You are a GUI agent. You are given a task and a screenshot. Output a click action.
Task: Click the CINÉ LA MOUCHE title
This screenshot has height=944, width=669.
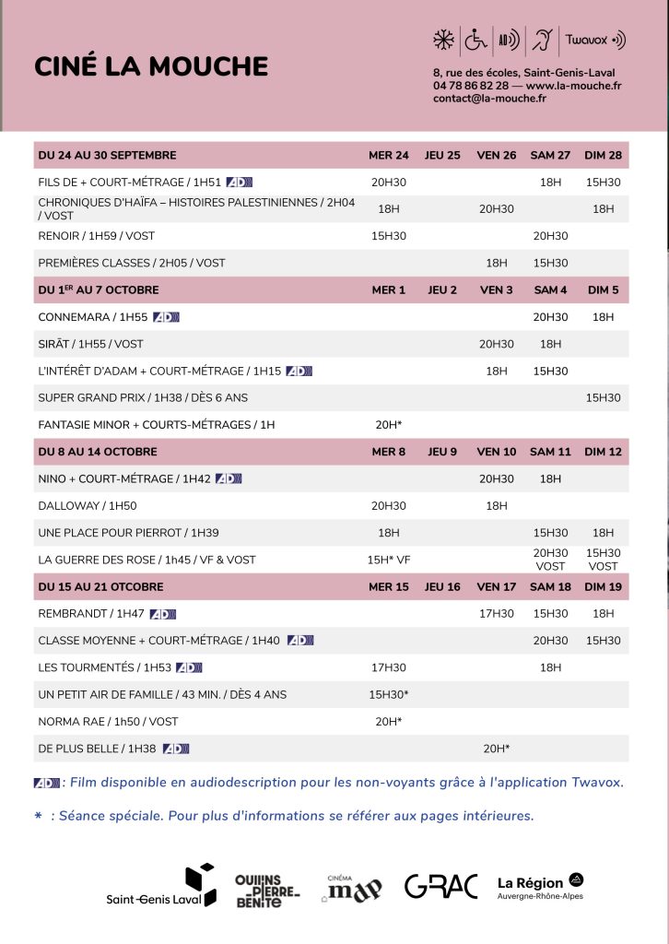tap(151, 66)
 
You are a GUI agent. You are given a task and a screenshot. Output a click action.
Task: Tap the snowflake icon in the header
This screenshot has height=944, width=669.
tap(444, 40)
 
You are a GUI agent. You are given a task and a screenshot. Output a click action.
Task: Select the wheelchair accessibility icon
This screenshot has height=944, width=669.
tap(475, 40)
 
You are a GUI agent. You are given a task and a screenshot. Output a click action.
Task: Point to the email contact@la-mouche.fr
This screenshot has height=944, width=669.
tap(489, 99)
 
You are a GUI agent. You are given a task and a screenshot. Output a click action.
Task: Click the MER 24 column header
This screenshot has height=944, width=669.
tap(389, 155)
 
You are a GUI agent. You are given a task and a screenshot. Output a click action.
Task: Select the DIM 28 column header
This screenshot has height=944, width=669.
tap(603, 155)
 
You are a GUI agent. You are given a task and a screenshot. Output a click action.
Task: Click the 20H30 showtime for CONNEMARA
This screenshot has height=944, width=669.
tap(550, 317)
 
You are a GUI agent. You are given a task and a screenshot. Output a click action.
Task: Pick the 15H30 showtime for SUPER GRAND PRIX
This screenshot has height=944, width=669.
tap(603, 398)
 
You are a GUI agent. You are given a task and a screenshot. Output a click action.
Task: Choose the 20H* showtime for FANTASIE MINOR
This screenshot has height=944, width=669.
tap(389, 425)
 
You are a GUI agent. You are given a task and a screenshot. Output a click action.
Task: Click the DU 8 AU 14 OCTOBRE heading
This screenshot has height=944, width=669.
tap(98, 452)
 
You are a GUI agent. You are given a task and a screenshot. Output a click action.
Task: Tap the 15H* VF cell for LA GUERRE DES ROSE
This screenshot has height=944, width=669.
tap(389, 560)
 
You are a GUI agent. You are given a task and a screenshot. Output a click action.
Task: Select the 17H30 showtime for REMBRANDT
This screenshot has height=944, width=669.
tap(497, 614)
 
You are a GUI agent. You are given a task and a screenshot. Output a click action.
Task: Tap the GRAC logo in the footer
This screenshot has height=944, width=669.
tap(440, 887)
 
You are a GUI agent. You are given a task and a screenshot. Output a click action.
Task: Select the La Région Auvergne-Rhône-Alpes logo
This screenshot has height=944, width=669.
tap(540, 886)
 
